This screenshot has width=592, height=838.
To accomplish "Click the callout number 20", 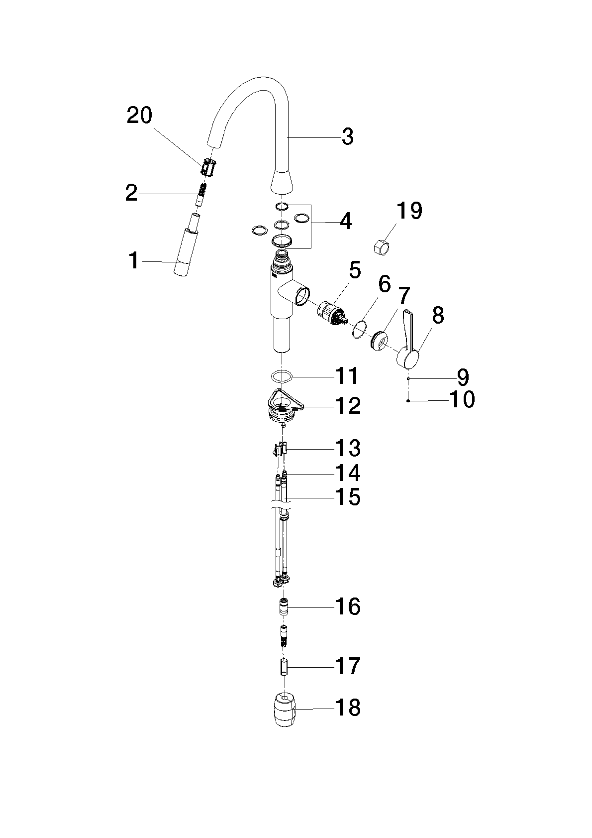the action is pyautogui.click(x=139, y=115).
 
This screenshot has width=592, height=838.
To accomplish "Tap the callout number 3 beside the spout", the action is pyautogui.click(x=348, y=137).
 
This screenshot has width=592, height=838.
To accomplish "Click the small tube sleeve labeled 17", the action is pyautogui.click(x=285, y=668).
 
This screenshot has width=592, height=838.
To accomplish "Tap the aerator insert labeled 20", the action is pyautogui.click(x=209, y=167).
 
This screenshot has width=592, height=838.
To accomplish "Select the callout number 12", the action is pyautogui.click(x=348, y=406).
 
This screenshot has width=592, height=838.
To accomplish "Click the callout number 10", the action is pyautogui.click(x=462, y=399).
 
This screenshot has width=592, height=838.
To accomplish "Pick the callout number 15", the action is pyautogui.click(x=348, y=498).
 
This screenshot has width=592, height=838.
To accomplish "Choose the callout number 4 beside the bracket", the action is pyautogui.click(x=346, y=222).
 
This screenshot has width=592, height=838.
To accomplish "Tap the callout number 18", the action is pyautogui.click(x=348, y=708).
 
